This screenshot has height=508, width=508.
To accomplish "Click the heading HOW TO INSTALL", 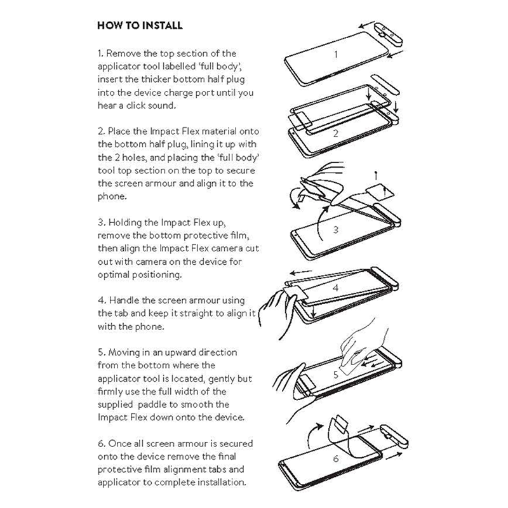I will pos(140,26).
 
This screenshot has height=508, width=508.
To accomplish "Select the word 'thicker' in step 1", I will pos(159,79).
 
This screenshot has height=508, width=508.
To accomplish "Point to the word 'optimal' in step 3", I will pos(114,275).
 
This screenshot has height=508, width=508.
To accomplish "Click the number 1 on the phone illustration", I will pos(336,55).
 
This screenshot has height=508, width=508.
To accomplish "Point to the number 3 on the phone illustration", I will pos(335,229).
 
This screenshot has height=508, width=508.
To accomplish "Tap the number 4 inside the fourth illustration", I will pos(336,286).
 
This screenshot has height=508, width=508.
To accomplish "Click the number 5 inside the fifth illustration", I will pos(336,375).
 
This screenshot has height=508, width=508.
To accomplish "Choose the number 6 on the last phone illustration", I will pos(336,458).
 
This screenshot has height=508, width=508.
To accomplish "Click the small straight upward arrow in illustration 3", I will pos(377,176).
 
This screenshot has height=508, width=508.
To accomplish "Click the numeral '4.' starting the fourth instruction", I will pos(102,301).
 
